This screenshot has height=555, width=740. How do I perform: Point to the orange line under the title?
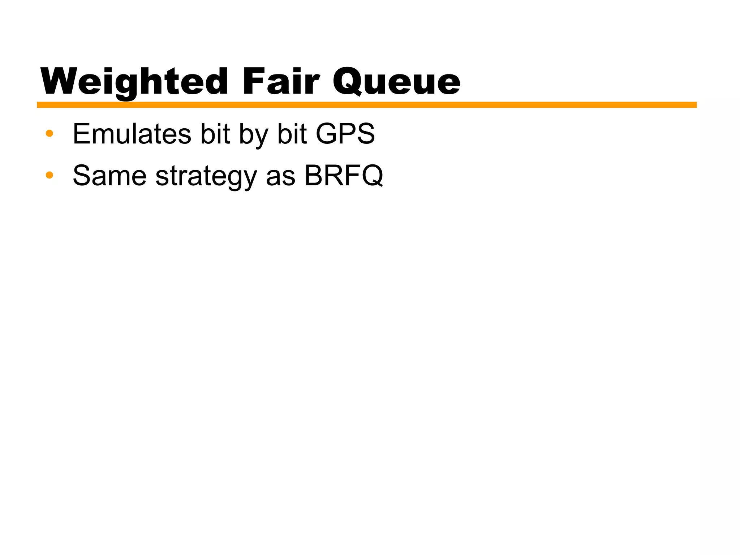366,105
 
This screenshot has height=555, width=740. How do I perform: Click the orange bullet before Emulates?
50,134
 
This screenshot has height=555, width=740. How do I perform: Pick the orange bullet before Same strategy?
50,176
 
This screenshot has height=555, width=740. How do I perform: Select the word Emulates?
132,134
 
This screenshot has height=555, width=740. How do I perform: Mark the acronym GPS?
345,134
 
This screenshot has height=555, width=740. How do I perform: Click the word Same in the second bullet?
109,176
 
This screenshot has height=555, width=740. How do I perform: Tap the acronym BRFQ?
344,176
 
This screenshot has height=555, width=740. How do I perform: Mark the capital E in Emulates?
82,134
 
